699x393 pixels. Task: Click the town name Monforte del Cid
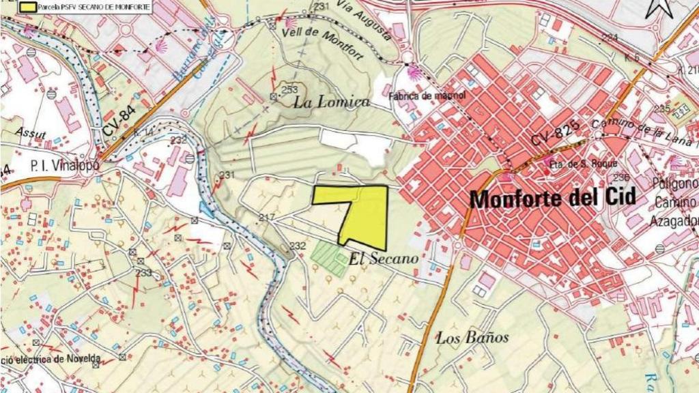pos(553,199)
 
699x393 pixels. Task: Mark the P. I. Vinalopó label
pos(65,165)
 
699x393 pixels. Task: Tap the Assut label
pos(32,134)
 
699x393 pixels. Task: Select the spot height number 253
pos(289,89)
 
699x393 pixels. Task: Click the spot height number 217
pos(266,218)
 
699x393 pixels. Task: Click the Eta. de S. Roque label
pos(582,164)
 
